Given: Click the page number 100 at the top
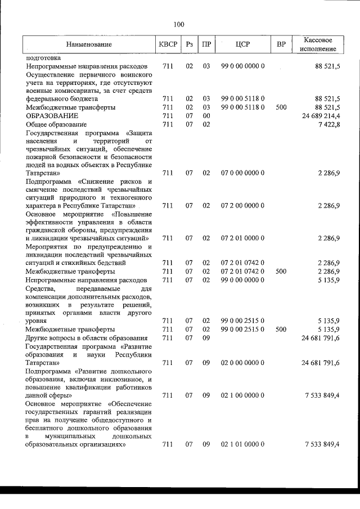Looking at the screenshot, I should tap(179, 24).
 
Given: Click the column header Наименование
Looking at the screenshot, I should tap(88, 44).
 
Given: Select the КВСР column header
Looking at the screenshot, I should tap(168, 44).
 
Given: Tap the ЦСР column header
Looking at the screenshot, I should tap(243, 44).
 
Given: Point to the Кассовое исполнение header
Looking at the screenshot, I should tap(318, 44).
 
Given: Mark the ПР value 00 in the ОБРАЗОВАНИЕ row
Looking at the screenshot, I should tap(206, 115).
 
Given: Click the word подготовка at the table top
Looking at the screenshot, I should tap(43, 57).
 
